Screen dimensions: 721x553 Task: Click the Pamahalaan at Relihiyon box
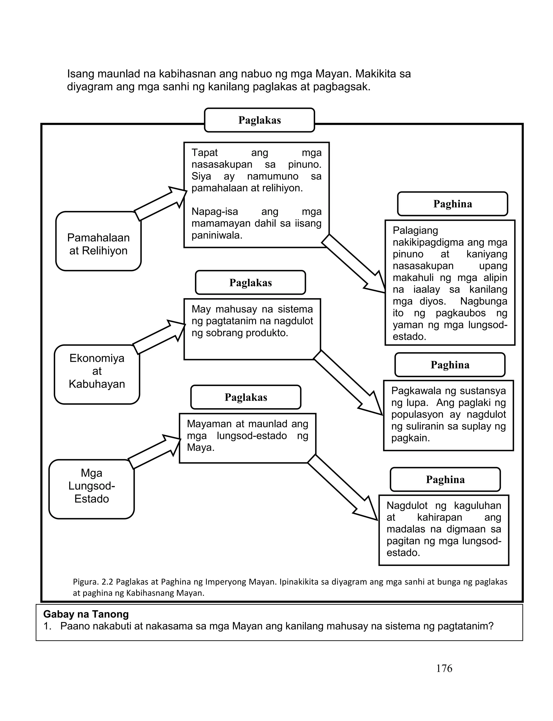pos(98,241)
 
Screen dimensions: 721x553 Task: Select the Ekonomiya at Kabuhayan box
pos(97,374)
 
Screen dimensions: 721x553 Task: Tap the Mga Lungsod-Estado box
pos(92,489)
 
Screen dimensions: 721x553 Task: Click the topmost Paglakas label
pos(259,120)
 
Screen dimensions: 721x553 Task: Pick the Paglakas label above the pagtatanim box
pos(251,283)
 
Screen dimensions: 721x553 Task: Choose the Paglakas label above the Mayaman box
pos(246,397)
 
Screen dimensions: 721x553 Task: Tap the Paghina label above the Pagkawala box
pos(450,365)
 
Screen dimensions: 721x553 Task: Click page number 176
pos(444,668)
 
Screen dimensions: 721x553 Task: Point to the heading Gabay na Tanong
pos(86,614)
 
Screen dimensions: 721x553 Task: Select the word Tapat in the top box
pos(204,153)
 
